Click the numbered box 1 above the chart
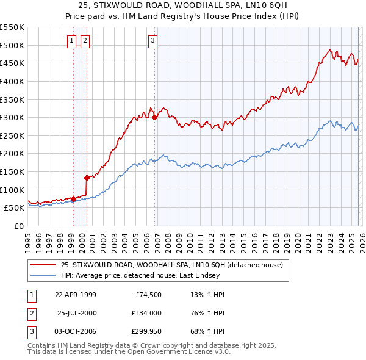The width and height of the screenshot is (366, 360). [72, 41]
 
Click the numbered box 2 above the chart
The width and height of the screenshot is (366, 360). [85, 41]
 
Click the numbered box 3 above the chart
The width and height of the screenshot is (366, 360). [152, 41]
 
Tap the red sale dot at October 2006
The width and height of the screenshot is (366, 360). [155, 117]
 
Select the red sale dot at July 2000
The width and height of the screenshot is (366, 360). [87, 178]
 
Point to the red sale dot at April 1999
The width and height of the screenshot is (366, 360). [74, 198]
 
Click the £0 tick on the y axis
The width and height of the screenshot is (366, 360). [18, 226]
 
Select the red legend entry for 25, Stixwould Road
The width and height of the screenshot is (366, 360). [171, 265]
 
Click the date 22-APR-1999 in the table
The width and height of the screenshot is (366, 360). [75, 295]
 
